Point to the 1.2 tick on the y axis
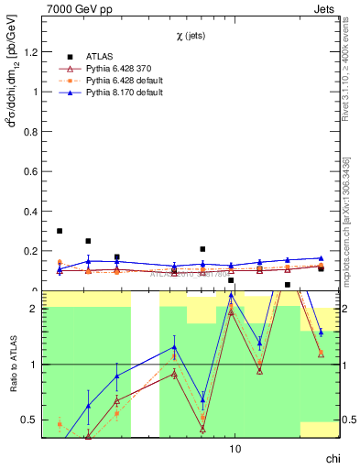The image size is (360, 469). click(x=30, y=52)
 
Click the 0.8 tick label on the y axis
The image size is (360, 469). click(x=30, y=132)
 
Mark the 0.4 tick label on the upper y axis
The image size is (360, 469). click(x=30, y=212)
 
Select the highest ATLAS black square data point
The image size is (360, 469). click(x=60, y=231)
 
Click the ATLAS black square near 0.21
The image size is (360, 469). click(x=202, y=249)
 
